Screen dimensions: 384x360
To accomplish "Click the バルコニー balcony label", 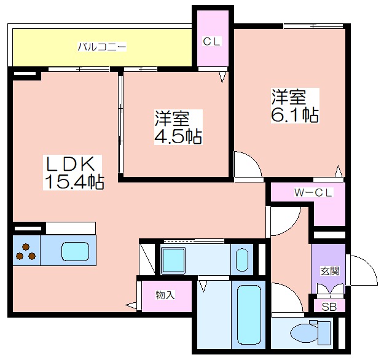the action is [x=102, y=47].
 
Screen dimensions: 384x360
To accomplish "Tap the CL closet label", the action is [x=212, y=41].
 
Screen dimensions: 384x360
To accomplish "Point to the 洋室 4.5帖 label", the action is [x=178, y=127].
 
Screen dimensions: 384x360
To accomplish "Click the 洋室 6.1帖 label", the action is [x=295, y=105].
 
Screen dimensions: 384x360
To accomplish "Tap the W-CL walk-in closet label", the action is [x=313, y=193].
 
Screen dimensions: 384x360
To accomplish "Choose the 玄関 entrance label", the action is [x=330, y=271].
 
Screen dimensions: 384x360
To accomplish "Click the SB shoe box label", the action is [x=329, y=307].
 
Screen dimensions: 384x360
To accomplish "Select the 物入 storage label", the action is [x=165, y=295].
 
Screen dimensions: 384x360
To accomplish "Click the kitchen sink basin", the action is [x=75, y=251].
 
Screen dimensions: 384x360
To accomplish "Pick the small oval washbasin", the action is [x=242, y=260].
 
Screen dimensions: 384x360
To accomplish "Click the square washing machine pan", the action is [x=173, y=260].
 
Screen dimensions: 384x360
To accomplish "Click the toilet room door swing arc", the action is [x=293, y=291].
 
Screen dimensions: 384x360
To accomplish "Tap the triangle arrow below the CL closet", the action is [x=222, y=77].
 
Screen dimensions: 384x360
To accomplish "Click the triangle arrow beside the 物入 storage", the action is [x=131, y=305].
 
